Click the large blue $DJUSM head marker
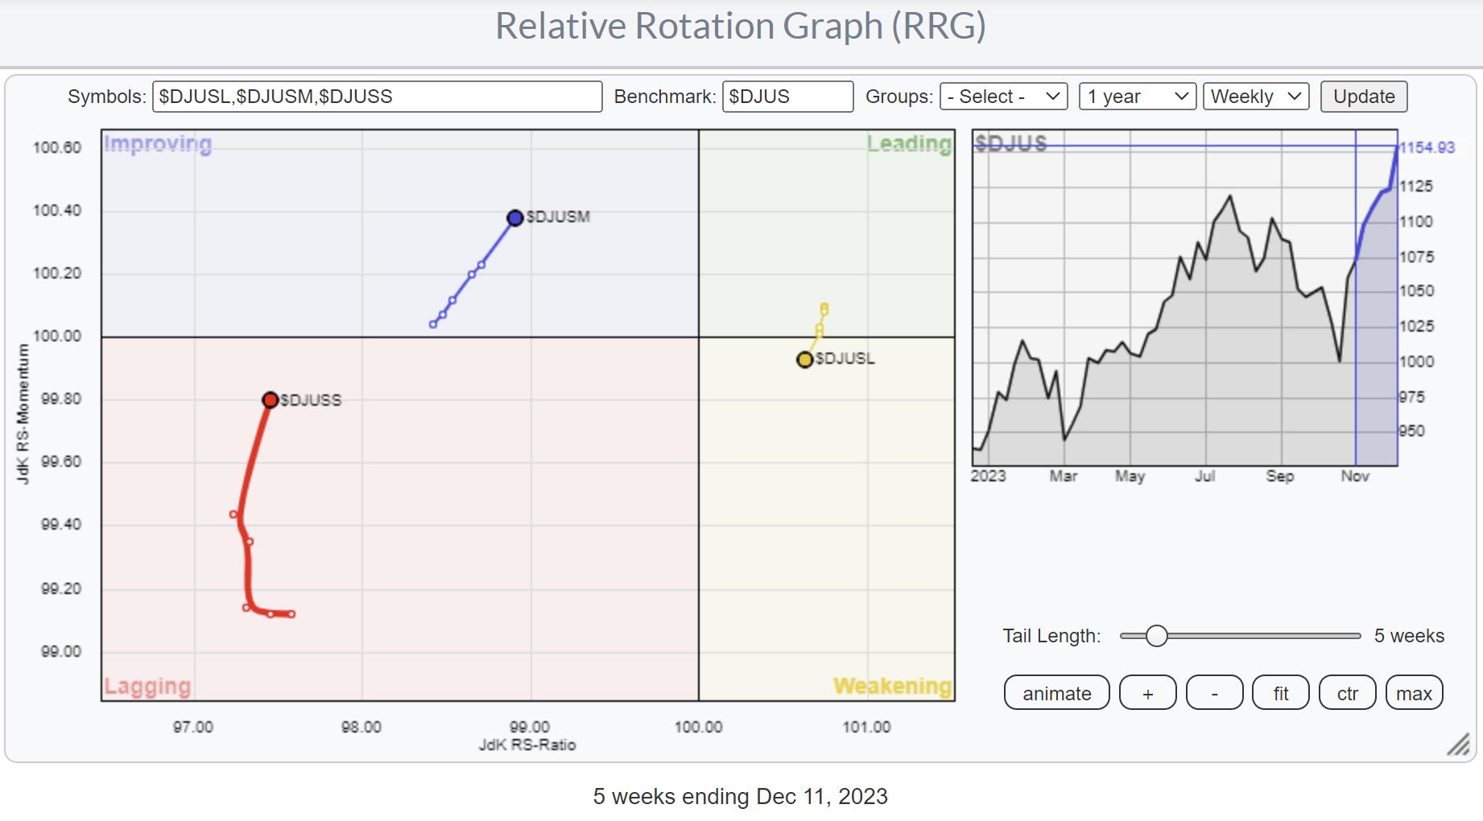click(x=515, y=218)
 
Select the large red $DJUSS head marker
click(x=271, y=400)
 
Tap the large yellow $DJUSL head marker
click(x=804, y=360)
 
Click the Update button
click(x=1364, y=97)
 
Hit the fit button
click(x=1281, y=693)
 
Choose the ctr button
click(x=1348, y=693)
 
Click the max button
click(x=1414, y=693)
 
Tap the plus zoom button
click(x=1148, y=693)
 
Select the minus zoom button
click(x=1214, y=693)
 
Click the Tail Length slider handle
click(x=1156, y=636)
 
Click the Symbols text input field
click(x=377, y=97)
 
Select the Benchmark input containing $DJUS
click(x=787, y=97)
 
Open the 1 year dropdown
click(x=1138, y=97)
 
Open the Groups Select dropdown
click(x=1003, y=97)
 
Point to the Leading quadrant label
click(x=909, y=144)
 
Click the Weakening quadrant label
click(x=892, y=686)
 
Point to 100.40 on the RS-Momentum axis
click(x=57, y=211)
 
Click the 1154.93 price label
click(x=1427, y=147)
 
